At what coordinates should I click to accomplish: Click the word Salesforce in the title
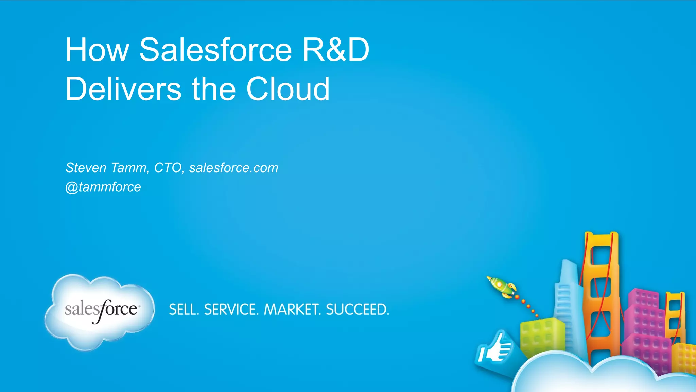pos(215,50)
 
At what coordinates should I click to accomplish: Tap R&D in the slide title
pos(335,50)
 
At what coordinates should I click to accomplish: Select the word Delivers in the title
pos(123,89)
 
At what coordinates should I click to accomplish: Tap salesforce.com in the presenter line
pos(233,168)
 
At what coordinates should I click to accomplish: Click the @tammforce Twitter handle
pos(103,187)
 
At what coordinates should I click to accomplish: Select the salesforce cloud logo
pos(100,311)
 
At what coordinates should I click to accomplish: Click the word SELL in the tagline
pos(184,310)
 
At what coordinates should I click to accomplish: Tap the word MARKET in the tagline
pos(292,310)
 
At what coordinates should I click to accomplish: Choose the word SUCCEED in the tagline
pos(357,310)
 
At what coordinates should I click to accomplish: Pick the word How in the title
pos(97,50)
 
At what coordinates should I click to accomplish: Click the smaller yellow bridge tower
pos(675,316)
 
